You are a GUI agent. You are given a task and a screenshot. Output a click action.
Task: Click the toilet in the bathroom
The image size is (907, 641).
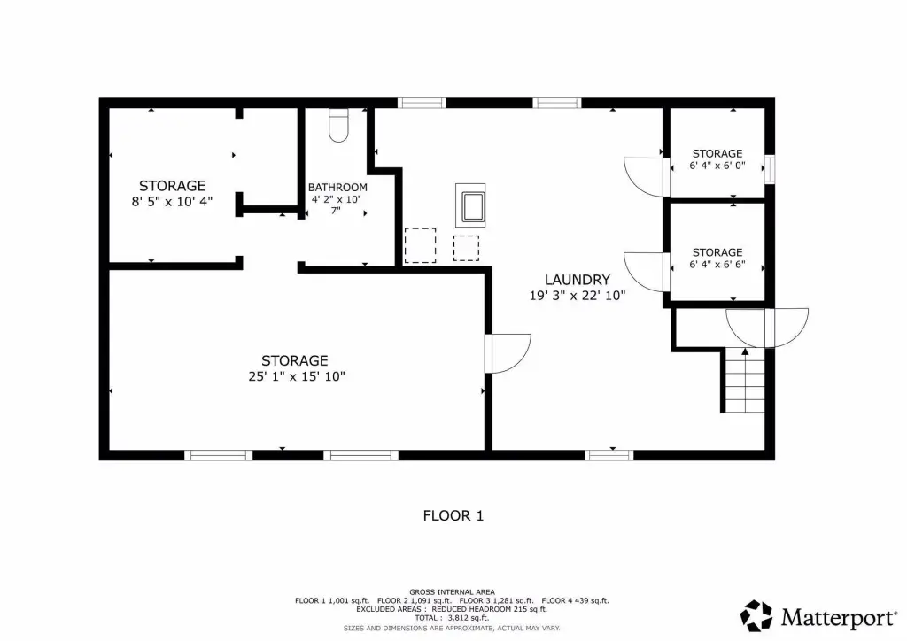click(339, 125)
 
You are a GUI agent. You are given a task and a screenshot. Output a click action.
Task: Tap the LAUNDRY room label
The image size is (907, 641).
click(578, 280)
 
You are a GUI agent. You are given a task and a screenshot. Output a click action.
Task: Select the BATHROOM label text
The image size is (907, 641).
click(337, 188)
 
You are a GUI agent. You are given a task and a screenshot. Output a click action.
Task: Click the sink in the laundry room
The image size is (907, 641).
click(470, 205)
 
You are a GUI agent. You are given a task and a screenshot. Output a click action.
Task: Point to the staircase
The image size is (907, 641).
click(745, 381)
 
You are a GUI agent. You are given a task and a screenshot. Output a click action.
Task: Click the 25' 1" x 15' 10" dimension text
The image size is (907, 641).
click(297, 376)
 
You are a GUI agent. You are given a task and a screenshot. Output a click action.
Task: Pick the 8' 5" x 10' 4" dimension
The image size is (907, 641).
click(172, 202)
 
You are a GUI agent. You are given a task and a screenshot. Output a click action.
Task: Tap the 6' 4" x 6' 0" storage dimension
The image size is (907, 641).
click(717, 166)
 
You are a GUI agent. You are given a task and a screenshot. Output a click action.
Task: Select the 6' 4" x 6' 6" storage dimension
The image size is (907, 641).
click(717, 265)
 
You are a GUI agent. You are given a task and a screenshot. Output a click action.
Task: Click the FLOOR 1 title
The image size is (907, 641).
click(453, 515)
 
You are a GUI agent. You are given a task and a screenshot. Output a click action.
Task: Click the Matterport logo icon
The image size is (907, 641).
click(756, 615)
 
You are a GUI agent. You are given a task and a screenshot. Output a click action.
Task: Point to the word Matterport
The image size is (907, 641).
click(839, 618)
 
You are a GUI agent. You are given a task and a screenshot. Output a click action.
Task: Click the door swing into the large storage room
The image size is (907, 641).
click(508, 353)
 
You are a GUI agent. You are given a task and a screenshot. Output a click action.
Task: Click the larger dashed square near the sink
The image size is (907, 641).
click(420, 245)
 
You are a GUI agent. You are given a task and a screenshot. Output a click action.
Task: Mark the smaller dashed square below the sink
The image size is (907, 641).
click(466, 248)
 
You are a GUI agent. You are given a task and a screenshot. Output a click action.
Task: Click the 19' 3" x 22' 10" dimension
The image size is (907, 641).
click(578, 296)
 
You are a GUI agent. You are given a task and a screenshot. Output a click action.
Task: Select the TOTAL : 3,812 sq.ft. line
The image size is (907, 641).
click(452, 618)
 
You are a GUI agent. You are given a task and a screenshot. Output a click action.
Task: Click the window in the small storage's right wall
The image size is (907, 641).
click(770, 169)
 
